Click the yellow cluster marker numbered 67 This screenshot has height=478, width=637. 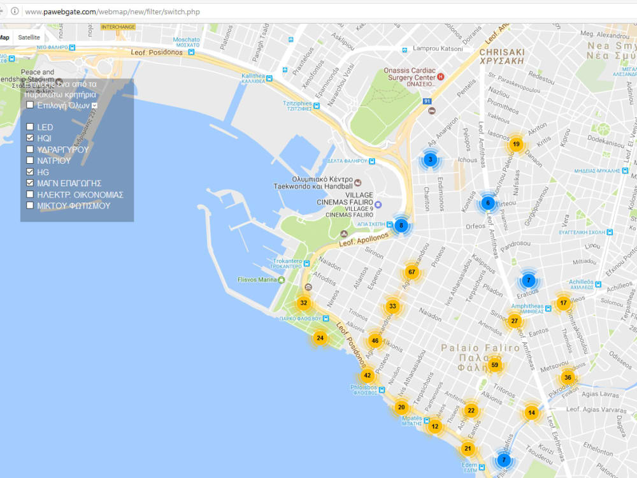412,272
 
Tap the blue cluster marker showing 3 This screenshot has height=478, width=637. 430,159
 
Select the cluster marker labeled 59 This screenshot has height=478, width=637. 494,365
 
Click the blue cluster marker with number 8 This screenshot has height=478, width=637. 401,225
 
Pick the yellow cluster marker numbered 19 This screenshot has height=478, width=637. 516,144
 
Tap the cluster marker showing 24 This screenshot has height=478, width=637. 320,338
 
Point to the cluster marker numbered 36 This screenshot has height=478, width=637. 567,377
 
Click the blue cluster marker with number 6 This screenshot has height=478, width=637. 488,203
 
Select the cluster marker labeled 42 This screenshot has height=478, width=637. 367,376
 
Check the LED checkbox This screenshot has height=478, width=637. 30,127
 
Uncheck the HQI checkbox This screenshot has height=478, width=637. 30,138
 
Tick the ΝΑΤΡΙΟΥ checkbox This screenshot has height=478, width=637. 30,161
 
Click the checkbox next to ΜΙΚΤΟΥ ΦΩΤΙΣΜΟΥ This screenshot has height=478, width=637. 30,205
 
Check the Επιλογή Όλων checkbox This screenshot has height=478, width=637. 30,105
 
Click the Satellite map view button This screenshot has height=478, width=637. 29,38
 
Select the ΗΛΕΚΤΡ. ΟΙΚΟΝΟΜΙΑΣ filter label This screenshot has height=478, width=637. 80,194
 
